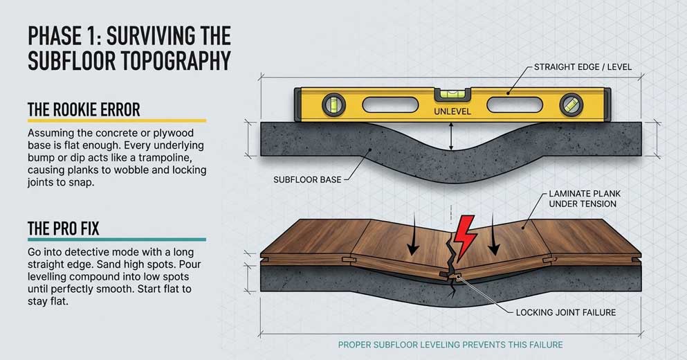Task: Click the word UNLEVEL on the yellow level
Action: (x=452, y=111)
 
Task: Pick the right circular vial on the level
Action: (x=571, y=105)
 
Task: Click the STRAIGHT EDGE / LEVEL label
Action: (x=583, y=67)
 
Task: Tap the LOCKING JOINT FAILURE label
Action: (x=565, y=312)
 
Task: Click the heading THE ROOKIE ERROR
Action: (x=84, y=109)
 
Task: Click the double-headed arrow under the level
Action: (x=451, y=136)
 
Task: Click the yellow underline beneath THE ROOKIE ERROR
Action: (x=116, y=120)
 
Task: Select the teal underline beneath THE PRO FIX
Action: (x=116, y=240)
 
